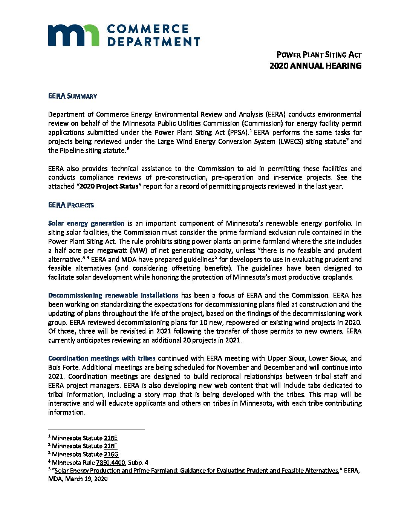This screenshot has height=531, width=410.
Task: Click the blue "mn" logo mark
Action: [73, 35]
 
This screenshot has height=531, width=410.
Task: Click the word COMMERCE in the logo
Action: [148, 29]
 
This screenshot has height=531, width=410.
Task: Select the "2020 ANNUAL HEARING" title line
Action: [315, 66]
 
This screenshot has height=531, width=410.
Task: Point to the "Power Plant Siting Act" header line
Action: [319, 55]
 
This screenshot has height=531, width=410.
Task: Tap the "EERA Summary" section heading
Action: [72, 96]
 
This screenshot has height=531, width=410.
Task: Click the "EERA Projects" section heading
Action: [71, 205]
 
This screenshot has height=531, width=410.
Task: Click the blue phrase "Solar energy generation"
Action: [86, 223]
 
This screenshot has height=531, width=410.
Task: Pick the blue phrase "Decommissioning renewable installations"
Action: [113, 295]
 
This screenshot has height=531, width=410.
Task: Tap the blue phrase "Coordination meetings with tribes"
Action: [102, 358]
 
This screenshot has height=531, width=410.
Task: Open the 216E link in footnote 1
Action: [111, 438]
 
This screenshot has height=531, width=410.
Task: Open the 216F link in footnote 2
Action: [111, 446]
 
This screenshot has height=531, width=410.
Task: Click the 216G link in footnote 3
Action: [111, 454]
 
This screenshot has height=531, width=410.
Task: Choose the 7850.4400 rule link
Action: [110, 462]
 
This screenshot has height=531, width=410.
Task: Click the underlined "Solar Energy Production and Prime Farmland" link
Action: [196, 470]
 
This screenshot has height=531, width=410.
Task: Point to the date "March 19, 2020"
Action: [86, 479]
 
